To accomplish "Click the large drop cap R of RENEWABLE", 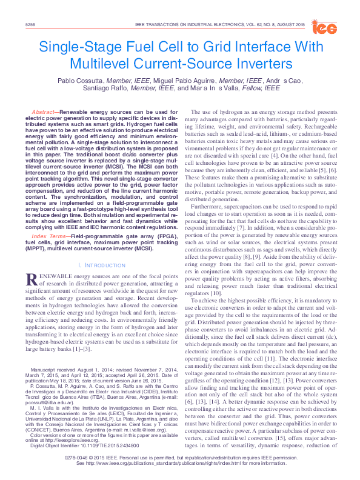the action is tap(33, 279).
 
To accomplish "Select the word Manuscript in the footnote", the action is tap(46, 352).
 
